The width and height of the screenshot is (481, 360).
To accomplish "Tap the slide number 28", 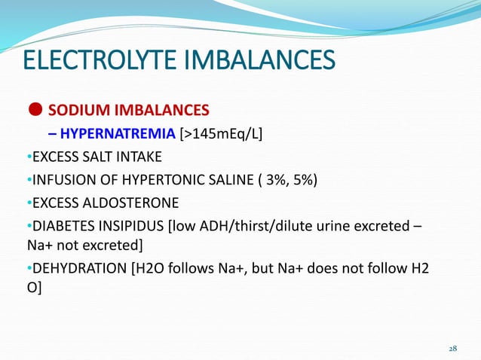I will [x=453, y=349].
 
